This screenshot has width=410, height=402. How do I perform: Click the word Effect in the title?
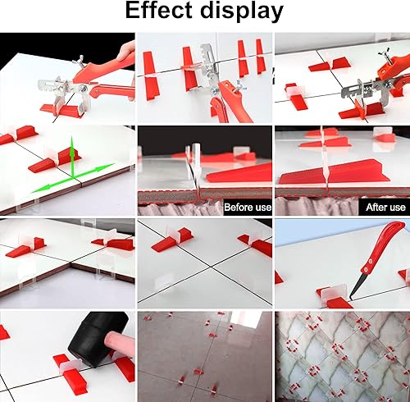point(159,11)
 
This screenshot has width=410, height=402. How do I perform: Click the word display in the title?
point(242,12)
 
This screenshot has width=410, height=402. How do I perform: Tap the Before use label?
point(248,208)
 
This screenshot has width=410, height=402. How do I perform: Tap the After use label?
point(385,208)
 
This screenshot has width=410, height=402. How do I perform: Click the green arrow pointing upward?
point(72,156)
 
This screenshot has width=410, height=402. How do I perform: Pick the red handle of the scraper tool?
point(383,245)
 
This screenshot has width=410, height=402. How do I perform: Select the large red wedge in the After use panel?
point(334,173)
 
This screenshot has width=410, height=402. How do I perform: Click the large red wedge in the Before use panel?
point(239,173)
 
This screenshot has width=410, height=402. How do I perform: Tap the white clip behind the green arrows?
point(52,153)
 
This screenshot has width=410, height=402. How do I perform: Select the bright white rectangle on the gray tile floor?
point(246,319)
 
